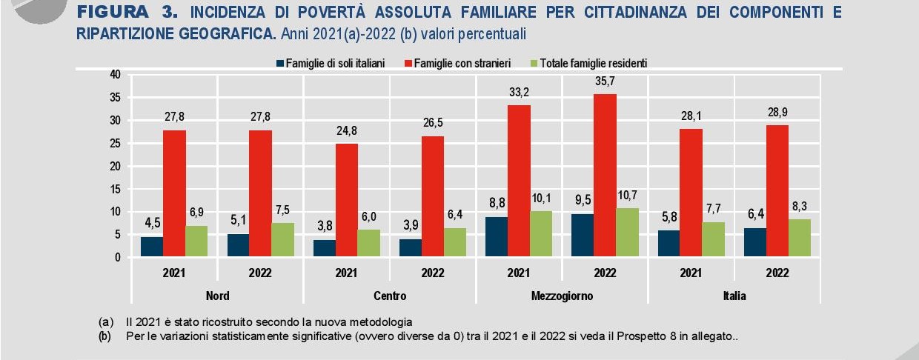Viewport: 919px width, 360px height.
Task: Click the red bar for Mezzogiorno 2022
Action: tap(605, 176)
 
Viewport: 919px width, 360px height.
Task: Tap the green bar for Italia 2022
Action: tap(800, 238)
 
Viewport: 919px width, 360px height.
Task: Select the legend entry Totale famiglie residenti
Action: tap(593, 63)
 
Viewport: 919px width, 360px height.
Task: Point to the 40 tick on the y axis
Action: tap(114, 74)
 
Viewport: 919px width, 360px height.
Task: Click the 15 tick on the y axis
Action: tap(114, 189)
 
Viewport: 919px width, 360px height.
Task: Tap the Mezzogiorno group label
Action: tap(562, 296)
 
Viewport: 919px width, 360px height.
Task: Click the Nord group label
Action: tap(217, 296)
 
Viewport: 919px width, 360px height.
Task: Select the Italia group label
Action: tap(734, 296)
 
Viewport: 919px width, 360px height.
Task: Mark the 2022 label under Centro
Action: tap(433, 273)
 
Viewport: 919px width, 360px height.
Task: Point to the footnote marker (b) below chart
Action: tap(106, 336)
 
